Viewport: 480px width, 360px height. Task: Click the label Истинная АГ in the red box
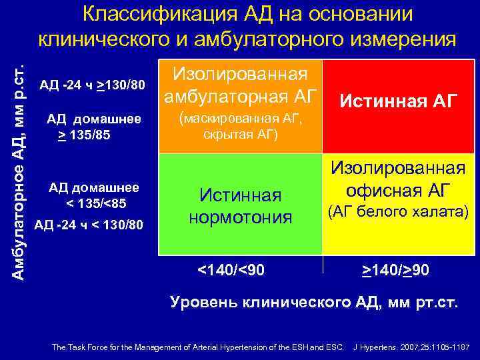[x=399, y=101]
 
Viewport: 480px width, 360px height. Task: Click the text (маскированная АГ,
[x=240, y=119]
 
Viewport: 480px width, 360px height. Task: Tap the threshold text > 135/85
[x=83, y=135]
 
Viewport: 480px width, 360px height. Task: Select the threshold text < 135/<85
[x=96, y=203]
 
